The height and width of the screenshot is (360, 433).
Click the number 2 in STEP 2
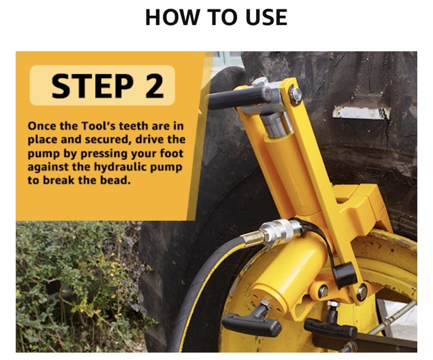(154, 86)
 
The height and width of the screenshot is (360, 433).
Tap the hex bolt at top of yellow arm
(295, 95)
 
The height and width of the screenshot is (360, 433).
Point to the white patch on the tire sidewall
(361, 113)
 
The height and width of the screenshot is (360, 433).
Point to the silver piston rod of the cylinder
(276, 125)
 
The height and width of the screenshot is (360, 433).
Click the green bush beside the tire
(77, 286)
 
